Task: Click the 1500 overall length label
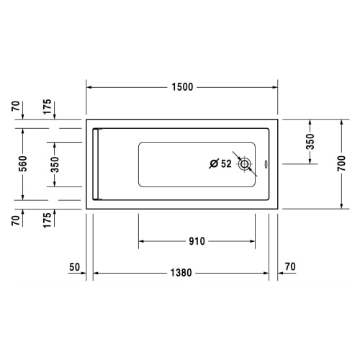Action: (182, 87)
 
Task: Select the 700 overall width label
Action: (341, 163)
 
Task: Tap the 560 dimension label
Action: (23, 163)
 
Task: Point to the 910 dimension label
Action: (197, 241)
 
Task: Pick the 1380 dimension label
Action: (181, 273)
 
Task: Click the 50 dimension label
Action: (74, 267)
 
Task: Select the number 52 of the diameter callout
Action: (226, 163)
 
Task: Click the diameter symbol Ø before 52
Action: (214, 163)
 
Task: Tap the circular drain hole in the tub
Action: (245, 164)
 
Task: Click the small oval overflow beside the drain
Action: (266, 164)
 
